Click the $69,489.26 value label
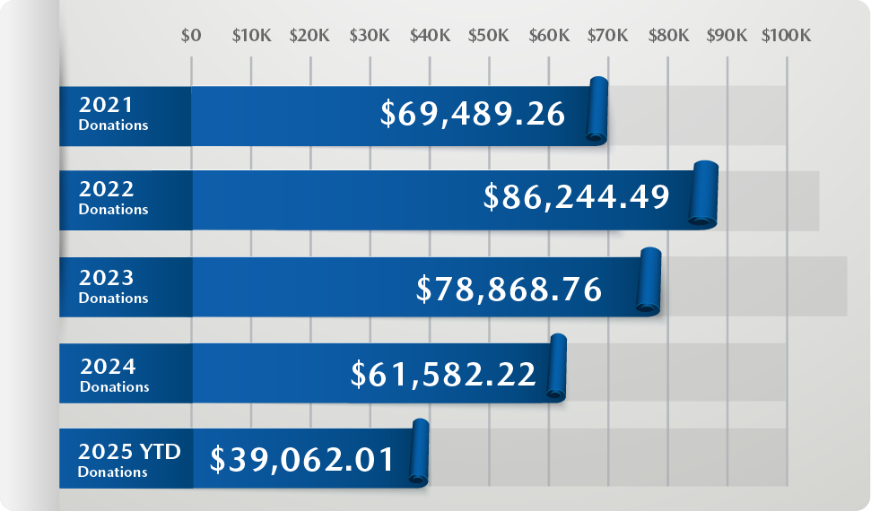pos(473,114)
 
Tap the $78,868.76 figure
pos(509,288)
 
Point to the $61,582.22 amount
pos(443,373)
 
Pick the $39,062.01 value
pos(302,459)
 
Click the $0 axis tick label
pos(191,36)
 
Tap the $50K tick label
pos(489,36)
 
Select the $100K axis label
pos(786,36)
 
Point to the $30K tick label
pos(370,36)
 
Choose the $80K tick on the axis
pos(668,36)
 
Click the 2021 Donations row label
pos(113,115)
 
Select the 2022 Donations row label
pos(113,198)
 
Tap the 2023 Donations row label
pos(113,286)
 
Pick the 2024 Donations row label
pos(114,375)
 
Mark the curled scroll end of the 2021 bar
pos(597,109)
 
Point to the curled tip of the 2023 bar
pos(649,281)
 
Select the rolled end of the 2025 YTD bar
pos(419,453)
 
